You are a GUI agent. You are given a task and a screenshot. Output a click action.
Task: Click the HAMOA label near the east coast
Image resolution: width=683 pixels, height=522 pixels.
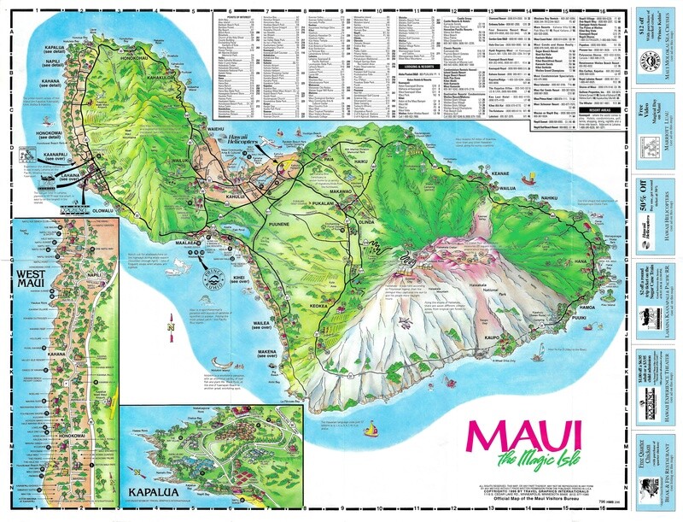coord(587,306)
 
